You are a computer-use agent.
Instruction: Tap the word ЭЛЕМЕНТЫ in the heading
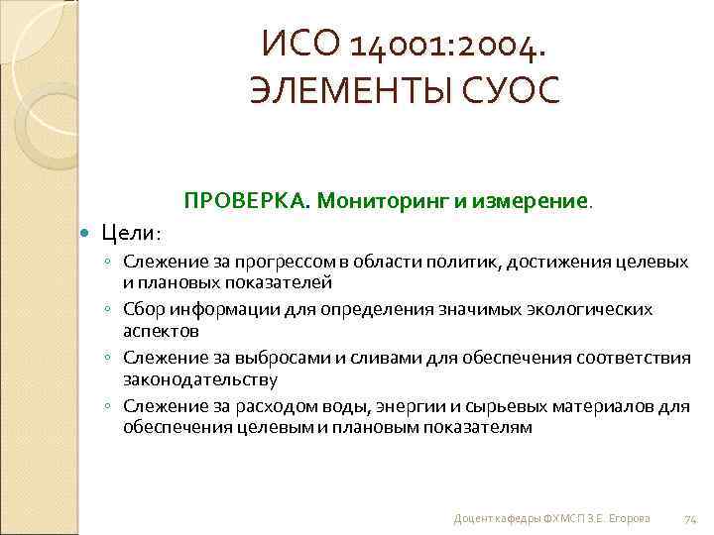(x=345, y=90)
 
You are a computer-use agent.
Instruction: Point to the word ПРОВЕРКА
(x=244, y=201)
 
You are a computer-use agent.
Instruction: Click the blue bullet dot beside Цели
(x=84, y=233)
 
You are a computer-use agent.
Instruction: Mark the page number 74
(x=691, y=518)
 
